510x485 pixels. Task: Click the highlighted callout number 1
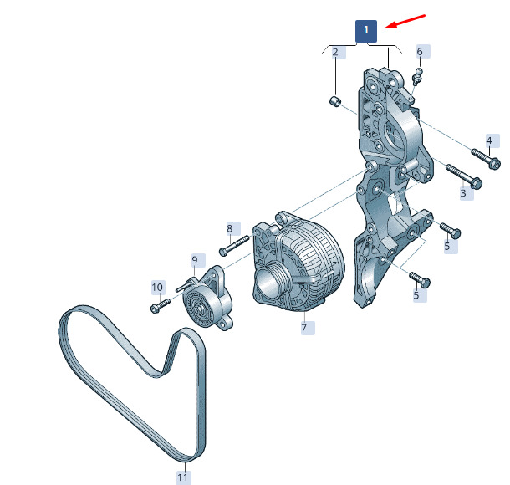pos(366,31)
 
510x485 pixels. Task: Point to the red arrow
pos(405,22)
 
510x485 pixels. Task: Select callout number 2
pos(335,52)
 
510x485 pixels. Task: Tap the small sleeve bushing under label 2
pos(334,101)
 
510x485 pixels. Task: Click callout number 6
pos(420,51)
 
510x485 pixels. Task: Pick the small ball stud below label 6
pos(417,76)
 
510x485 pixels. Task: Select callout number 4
pos(489,140)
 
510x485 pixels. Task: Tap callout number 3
pos(463,192)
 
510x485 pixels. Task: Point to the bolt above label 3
pos(464,176)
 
